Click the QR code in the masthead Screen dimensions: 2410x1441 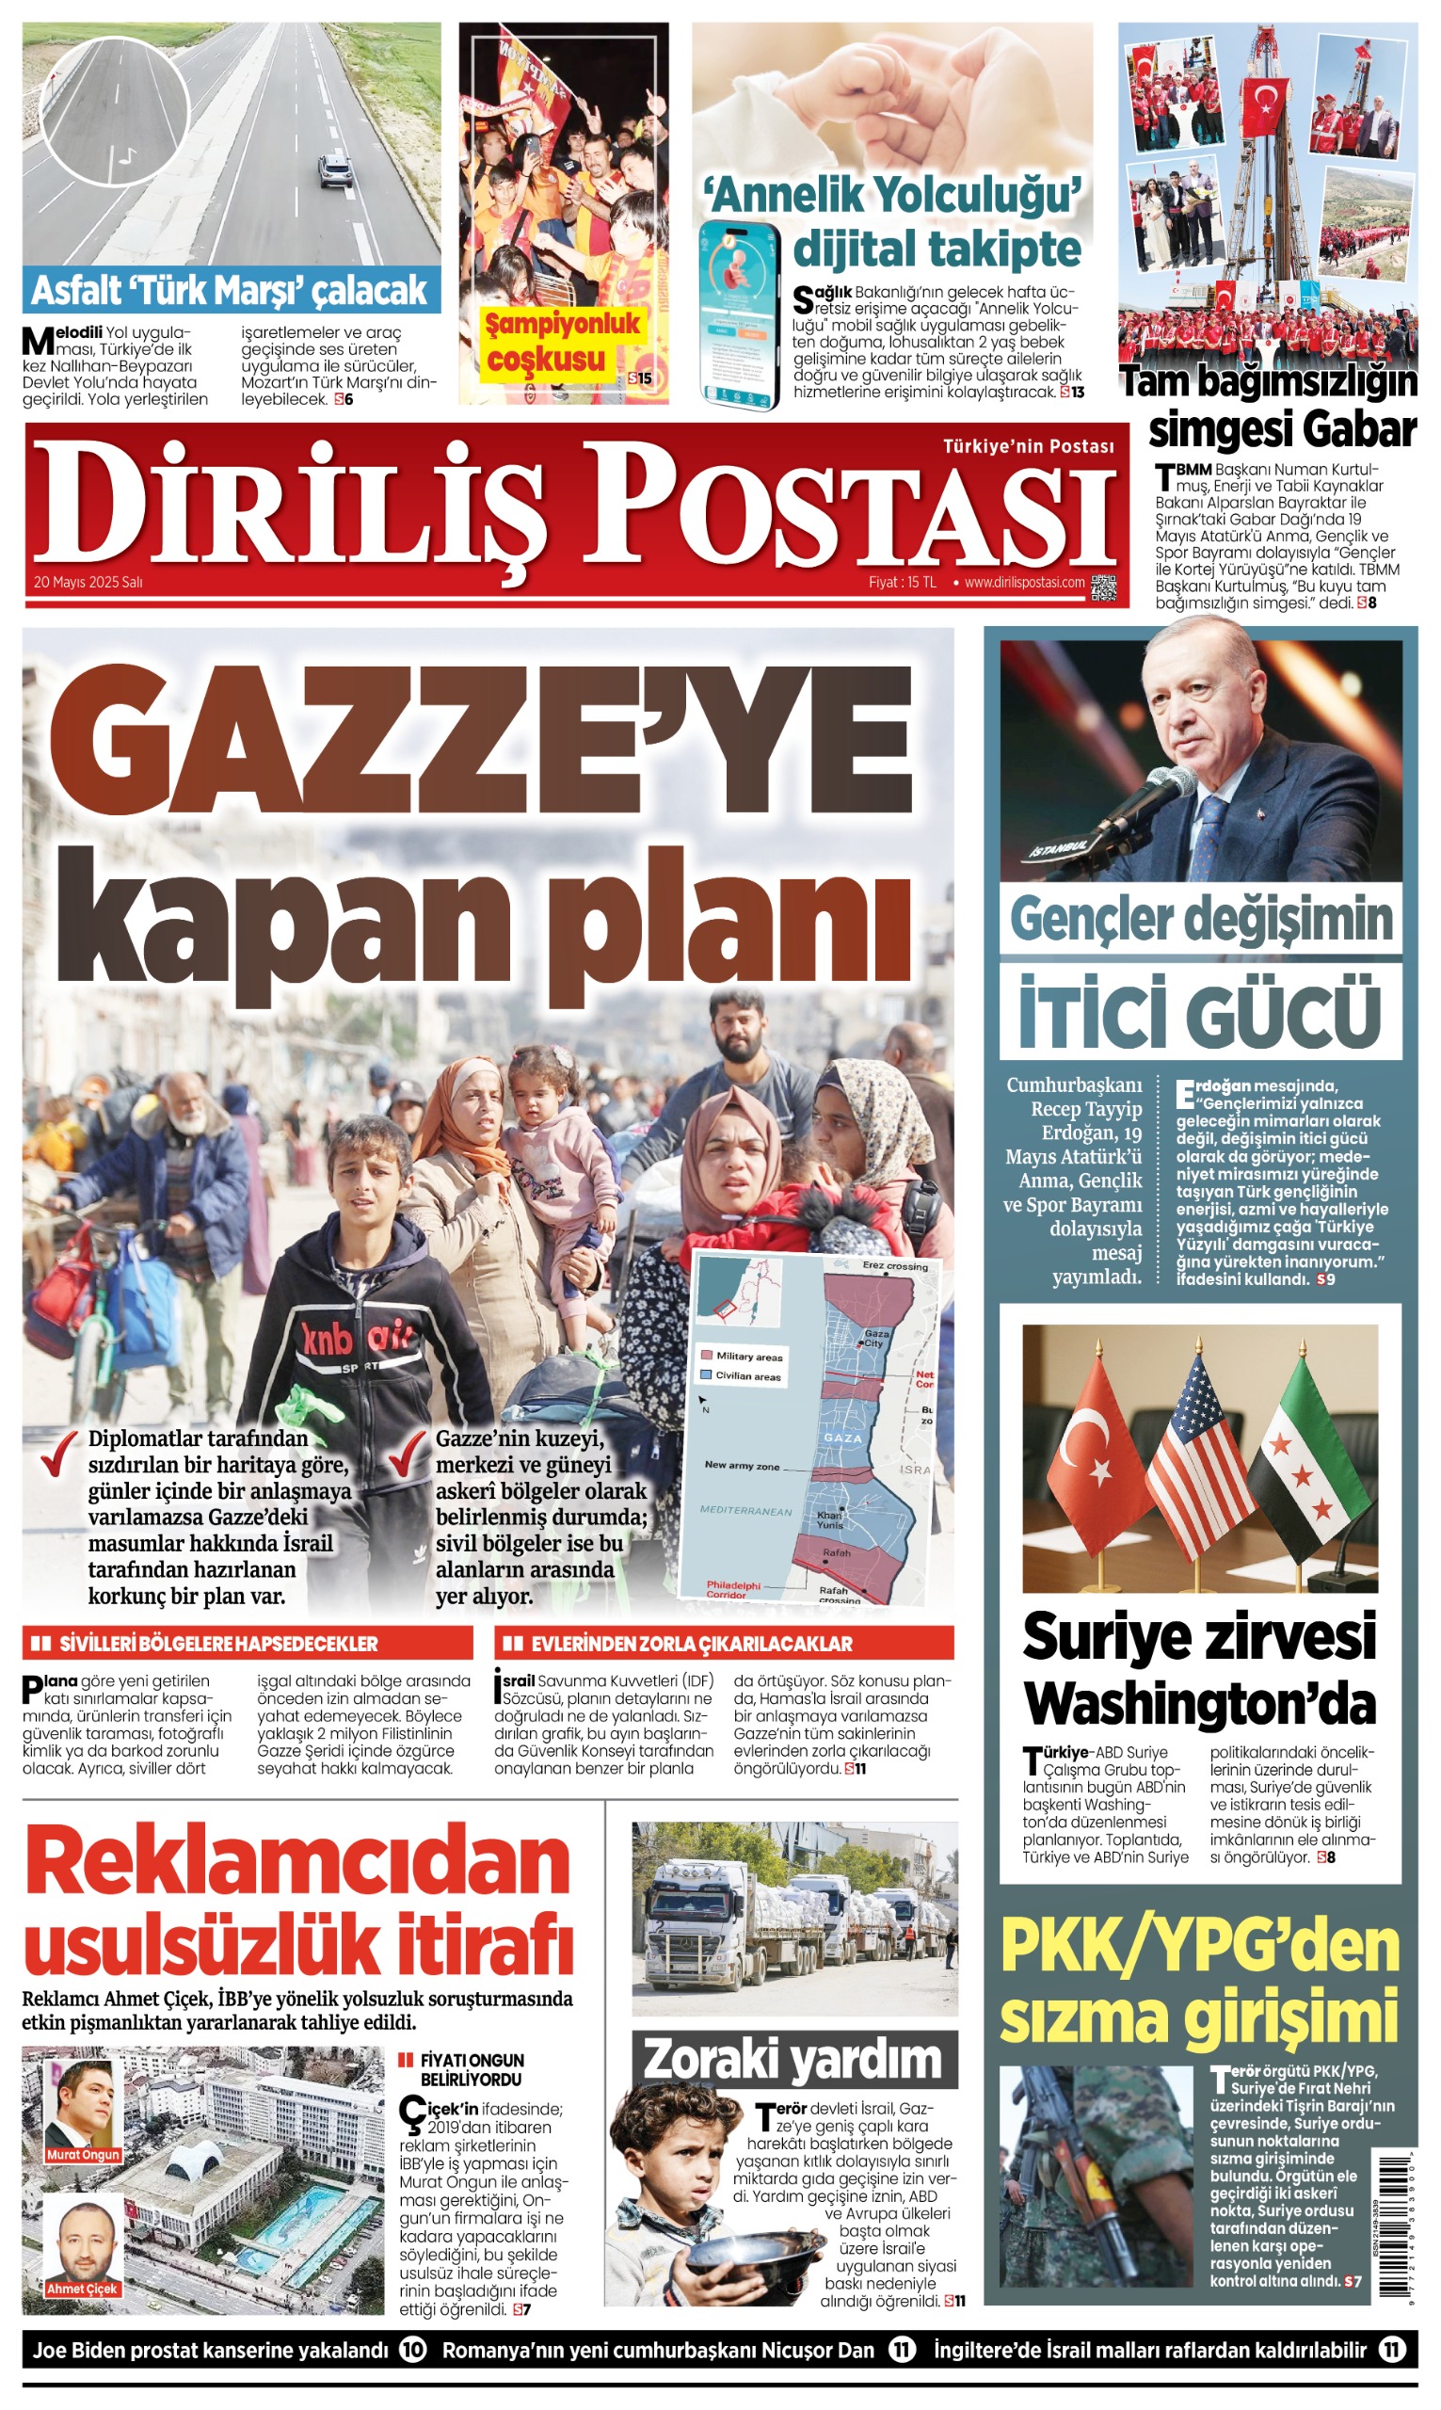[x=1103, y=587]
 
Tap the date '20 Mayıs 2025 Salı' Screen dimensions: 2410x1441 [x=88, y=583]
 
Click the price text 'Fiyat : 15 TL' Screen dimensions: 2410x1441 [x=902, y=583]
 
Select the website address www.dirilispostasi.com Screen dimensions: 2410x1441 [x=1023, y=583]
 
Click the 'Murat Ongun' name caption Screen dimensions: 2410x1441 [x=84, y=2155]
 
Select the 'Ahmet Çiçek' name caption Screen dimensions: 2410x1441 [x=83, y=2289]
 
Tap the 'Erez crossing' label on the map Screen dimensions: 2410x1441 [x=894, y=1266]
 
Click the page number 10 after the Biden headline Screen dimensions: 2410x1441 [x=412, y=2350]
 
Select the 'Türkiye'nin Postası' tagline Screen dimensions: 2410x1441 [x=1028, y=446]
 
